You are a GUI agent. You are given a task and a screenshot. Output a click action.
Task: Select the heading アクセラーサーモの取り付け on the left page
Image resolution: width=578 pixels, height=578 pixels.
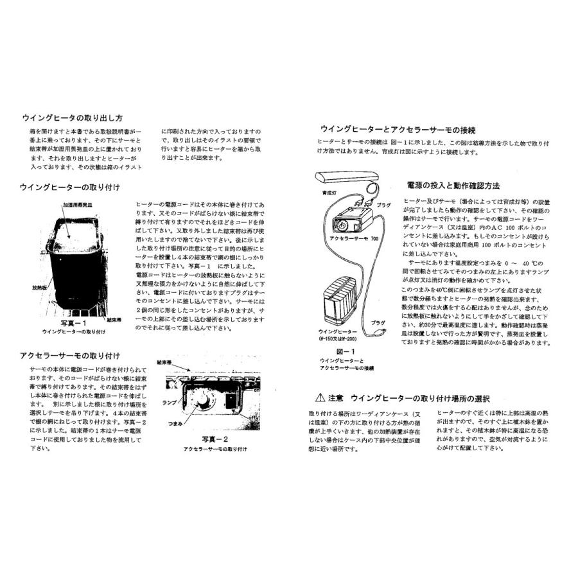point(70,355)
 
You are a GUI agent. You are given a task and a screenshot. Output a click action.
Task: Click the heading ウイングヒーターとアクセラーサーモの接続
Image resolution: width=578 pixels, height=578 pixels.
point(401,129)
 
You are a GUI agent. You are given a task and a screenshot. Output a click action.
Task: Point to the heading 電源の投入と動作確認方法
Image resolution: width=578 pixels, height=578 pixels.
point(453,186)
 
